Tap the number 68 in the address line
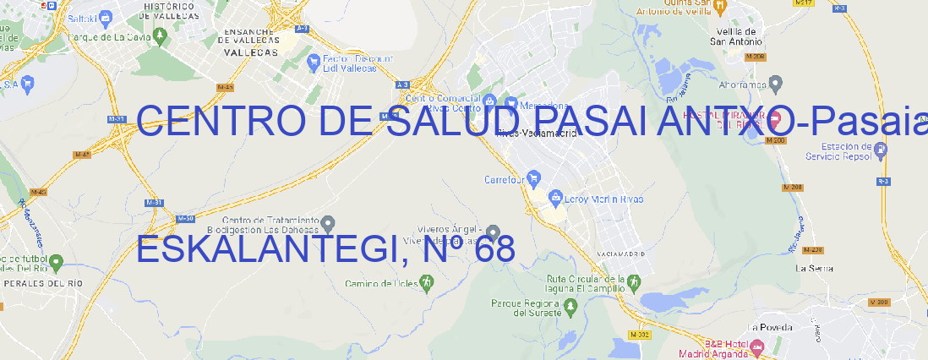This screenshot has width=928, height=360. coord(494,251)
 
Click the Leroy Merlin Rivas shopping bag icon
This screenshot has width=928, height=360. coord(555,199)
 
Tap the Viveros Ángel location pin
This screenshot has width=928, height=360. coord(494,232)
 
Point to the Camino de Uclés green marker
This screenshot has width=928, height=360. coord(425,282)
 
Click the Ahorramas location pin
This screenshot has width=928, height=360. coord(777,83)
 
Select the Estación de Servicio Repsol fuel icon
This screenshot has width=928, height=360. coord(881,150)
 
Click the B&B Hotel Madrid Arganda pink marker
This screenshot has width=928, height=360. coord(757,346)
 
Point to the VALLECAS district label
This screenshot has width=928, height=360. coord(250,52)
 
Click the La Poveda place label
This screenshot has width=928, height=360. coord(769,327)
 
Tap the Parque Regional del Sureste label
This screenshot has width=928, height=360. coord(526,307)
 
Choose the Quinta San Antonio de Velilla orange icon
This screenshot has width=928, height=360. coord(720,8)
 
